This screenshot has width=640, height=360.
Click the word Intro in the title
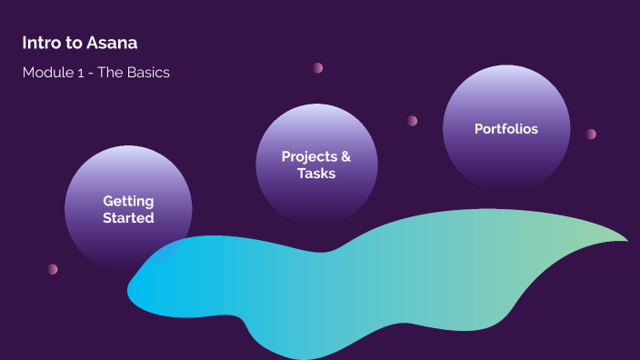click(39, 43)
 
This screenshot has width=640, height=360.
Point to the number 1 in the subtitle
click(83, 73)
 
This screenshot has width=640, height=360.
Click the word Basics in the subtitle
click(148, 73)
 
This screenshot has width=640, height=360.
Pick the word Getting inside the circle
click(128, 201)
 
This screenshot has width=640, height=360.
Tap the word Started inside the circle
click(128, 218)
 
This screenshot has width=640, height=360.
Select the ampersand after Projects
click(345, 156)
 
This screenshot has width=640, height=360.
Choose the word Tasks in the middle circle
click(316, 174)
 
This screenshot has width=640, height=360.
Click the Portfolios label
click(506, 129)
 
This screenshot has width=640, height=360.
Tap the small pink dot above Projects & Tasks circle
click(318, 68)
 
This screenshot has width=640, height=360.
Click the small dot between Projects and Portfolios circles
click(412, 121)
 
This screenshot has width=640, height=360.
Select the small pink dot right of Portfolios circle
click(591, 135)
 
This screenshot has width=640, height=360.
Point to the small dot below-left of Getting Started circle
click(53, 269)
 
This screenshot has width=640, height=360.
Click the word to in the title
click(75, 43)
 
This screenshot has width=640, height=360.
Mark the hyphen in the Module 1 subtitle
click(94, 74)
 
